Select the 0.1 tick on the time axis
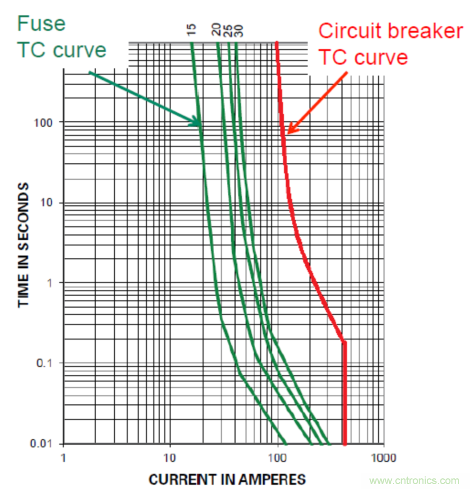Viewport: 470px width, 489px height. point(48,364)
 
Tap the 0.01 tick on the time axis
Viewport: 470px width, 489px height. point(46,444)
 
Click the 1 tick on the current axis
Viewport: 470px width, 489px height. point(64,457)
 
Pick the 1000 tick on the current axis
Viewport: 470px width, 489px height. point(384,457)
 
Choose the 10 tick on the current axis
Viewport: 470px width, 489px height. point(169,457)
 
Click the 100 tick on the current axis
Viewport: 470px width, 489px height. point(278,457)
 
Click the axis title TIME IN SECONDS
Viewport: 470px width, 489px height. point(24,245)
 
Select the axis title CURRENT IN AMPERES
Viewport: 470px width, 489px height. point(227,479)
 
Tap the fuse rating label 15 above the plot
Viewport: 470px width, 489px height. point(191,31)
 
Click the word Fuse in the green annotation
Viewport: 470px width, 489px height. point(41,23)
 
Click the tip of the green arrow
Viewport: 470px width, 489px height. point(201,124)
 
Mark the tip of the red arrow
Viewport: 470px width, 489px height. point(288,133)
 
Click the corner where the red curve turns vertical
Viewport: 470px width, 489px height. point(344,342)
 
